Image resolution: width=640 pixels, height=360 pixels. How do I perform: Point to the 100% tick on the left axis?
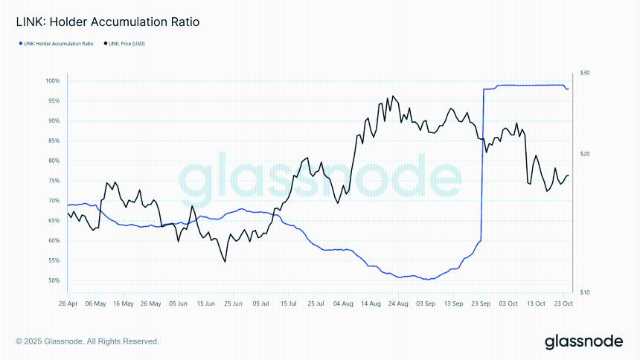(x=52, y=80)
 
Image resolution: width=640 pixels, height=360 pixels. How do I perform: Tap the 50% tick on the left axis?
(x=54, y=280)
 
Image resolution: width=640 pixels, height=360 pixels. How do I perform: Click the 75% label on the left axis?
(x=54, y=181)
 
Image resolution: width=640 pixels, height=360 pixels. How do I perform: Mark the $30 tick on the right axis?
(x=585, y=73)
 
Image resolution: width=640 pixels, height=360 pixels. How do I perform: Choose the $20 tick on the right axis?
(x=585, y=154)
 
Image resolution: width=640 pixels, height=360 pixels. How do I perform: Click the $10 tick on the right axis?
(x=585, y=292)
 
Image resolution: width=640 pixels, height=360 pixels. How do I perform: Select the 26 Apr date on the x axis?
(x=68, y=303)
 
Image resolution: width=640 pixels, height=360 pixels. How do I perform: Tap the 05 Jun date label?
(x=178, y=303)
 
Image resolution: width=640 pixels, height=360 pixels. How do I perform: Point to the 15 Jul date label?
(x=288, y=303)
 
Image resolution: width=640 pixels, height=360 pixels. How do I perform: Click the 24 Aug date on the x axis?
(x=398, y=303)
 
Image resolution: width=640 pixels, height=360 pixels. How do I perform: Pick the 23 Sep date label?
(x=481, y=303)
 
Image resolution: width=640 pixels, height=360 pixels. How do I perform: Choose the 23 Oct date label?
(x=563, y=303)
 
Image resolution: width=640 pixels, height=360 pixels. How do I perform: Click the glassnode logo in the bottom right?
(x=583, y=341)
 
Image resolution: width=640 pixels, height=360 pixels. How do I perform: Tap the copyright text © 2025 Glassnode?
(x=87, y=341)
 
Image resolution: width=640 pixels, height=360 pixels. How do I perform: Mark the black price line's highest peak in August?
(x=392, y=96)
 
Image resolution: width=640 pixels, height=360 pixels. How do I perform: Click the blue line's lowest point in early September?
(x=426, y=280)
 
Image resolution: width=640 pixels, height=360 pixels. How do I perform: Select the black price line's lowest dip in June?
(x=225, y=261)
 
